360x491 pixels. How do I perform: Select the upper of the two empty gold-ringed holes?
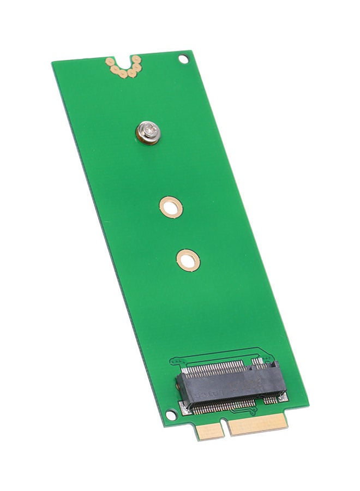pos(171,207)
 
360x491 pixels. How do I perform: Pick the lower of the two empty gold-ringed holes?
pos(188,260)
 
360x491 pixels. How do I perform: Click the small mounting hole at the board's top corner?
pos(183,59)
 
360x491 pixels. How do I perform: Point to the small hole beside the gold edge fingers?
pos(171,416)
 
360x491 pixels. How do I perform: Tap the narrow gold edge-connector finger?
pos(211,431)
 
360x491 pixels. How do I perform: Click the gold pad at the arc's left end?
pos(110,61)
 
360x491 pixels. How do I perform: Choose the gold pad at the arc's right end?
pos(136,59)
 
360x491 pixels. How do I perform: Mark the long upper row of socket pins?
pos(215,370)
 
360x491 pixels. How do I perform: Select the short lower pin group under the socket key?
pos(270,400)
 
